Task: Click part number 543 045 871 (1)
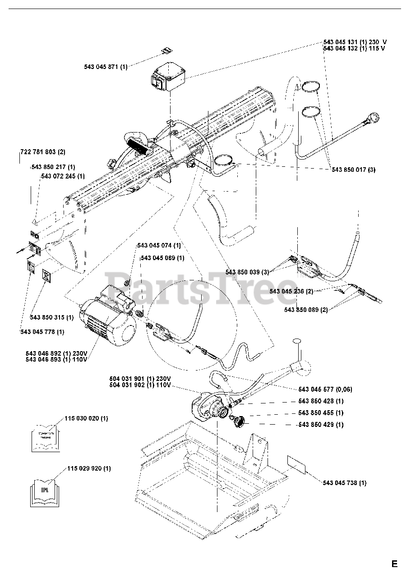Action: click(106, 67)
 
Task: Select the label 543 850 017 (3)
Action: click(353, 169)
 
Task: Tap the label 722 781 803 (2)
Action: click(43, 152)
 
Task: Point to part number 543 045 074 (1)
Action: click(159, 246)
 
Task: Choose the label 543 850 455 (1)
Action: click(321, 412)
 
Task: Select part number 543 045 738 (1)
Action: click(344, 483)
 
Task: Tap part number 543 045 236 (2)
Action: click(292, 291)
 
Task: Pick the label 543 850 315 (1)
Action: click(51, 317)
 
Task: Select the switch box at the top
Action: click(168, 77)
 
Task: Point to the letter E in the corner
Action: click(395, 563)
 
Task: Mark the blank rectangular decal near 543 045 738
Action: click(296, 464)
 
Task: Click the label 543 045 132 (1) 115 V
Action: click(354, 48)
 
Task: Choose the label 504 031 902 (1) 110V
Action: click(140, 385)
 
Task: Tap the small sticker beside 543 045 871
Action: click(166, 51)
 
